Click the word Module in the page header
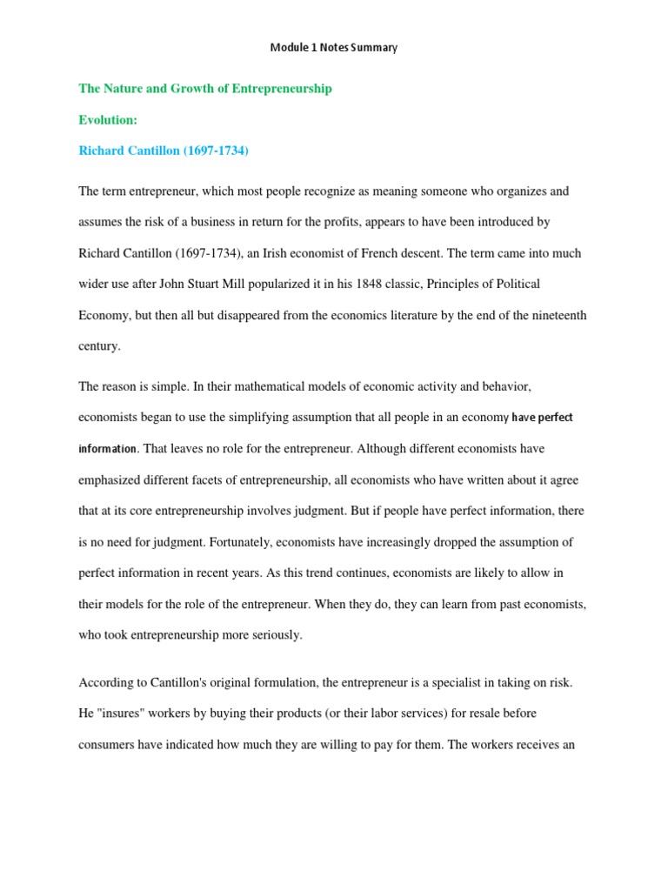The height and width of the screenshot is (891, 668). click(x=289, y=48)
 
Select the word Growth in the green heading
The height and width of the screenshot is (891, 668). click(x=186, y=89)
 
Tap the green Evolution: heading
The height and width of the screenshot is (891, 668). click(x=108, y=120)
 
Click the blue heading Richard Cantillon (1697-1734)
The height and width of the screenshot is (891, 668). click(x=164, y=151)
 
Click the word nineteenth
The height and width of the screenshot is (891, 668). click(x=551, y=316)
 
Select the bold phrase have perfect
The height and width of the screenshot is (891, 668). click(x=543, y=418)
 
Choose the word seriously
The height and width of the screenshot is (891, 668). click(x=276, y=635)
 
